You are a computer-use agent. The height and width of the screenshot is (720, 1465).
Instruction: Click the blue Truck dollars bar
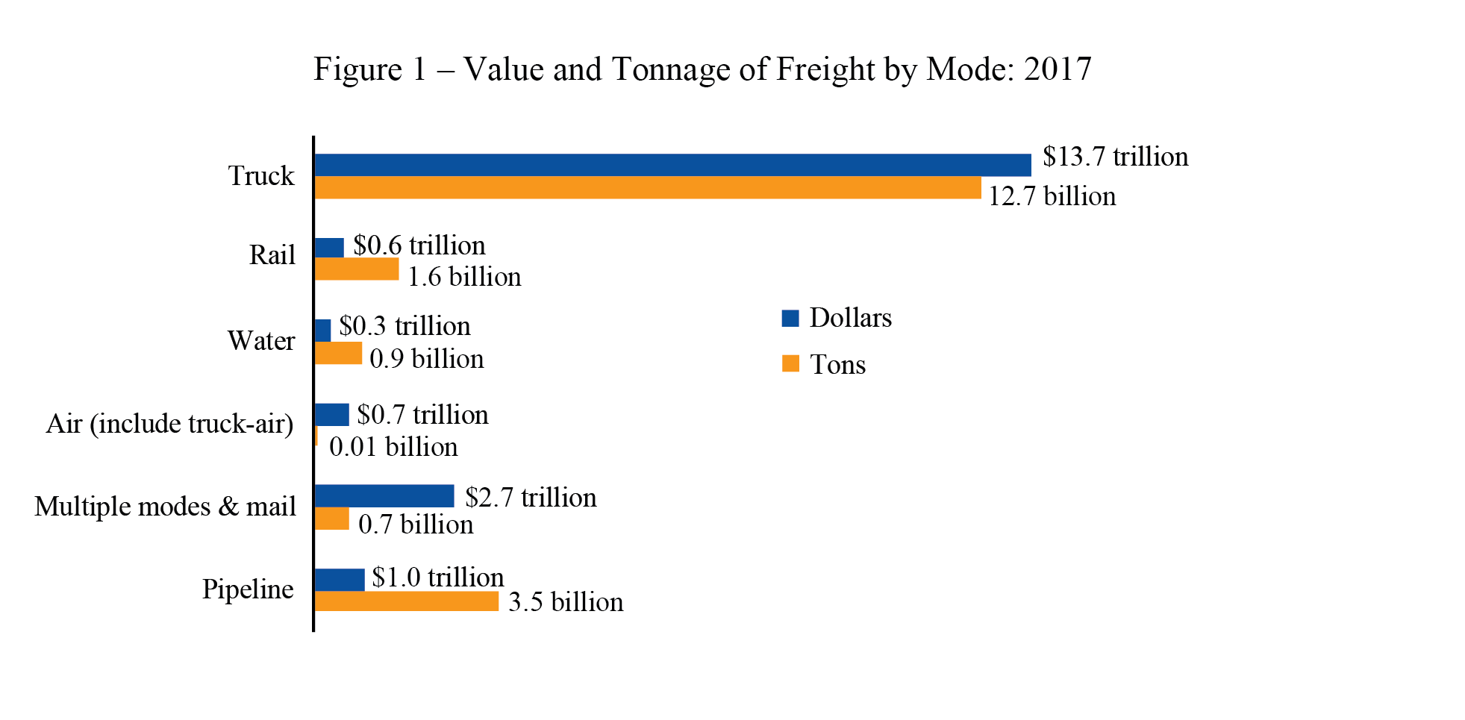[x=672, y=165]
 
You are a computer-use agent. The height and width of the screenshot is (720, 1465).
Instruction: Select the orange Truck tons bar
[x=647, y=188]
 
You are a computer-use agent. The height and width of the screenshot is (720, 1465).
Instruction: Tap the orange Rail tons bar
[x=356, y=269]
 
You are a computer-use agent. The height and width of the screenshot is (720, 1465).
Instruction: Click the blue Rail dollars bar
[x=329, y=248]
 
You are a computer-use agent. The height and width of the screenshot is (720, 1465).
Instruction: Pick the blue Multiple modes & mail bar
[x=384, y=496]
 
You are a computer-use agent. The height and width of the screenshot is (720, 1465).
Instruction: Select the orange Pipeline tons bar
[x=406, y=601]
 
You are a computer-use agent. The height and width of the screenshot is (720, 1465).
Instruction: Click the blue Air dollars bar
[x=331, y=415]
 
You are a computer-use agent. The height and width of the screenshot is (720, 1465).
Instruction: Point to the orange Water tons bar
[x=338, y=353]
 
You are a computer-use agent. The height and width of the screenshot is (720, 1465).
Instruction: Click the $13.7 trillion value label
[x=1115, y=157]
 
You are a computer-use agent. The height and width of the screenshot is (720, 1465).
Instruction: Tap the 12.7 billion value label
[x=1052, y=196]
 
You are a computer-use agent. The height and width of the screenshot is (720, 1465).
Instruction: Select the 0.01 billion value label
[x=393, y=447]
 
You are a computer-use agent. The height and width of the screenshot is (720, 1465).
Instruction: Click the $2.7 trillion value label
[x=531, y=498]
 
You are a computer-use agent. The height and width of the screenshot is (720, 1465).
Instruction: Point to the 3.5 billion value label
[x=566, y=602]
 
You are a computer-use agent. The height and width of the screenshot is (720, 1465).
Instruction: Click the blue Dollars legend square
[x=790, y=319]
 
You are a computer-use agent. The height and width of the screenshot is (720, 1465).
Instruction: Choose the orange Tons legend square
[x=790, y=364]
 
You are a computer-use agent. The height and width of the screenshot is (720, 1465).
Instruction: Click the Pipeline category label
[x=248, y=589]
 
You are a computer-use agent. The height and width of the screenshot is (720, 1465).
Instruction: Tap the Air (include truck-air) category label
[x=169, y=424]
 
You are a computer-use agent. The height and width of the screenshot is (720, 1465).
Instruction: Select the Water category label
[x=261, y=341]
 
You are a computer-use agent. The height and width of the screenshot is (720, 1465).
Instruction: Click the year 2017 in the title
[x=1058, y=69]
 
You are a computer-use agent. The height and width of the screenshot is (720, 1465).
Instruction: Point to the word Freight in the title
[x=825, y=69]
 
